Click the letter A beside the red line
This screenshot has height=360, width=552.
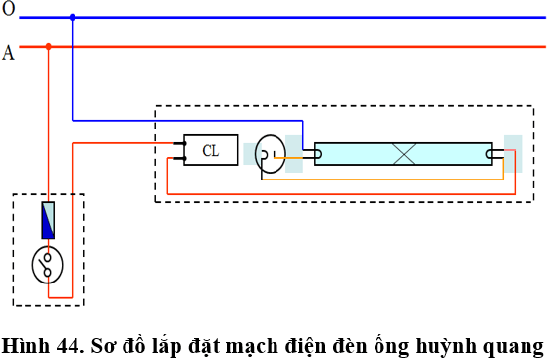click(x=8, y=53)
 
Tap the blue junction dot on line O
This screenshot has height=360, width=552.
click(x=72, y=17)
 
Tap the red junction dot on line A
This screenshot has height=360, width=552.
click(x=48, y=46)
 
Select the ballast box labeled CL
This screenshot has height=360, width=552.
click(x=210, y=150)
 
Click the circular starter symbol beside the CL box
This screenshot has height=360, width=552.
click(x=268, y=150)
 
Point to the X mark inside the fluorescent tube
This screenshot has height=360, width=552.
click(x=403, y=153)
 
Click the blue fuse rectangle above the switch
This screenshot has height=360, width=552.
click(x=47, y=221)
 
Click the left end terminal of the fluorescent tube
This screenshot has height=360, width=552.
click(x=310, y=153)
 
